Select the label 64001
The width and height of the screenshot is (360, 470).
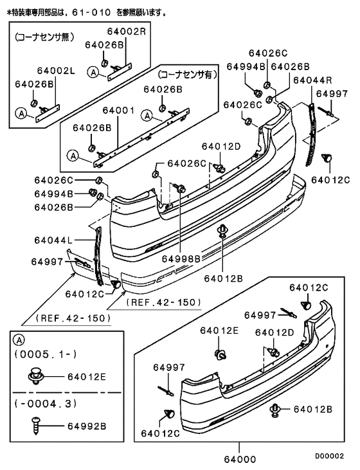pos(119,111)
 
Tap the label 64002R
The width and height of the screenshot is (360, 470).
pos(127,32)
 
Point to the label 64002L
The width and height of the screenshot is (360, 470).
pos(56,71)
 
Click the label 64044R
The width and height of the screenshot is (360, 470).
pos(312,80)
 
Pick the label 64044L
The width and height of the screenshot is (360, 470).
pos(53,240)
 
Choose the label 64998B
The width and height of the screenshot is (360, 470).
pos(181,258)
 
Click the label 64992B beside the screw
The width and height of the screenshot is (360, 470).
pos(87,426)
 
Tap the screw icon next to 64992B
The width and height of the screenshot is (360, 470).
pos(35,426)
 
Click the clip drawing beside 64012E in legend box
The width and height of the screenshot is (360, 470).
pos(36,376)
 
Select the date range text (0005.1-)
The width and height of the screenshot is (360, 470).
pos(46,354)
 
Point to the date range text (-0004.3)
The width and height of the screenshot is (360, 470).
pos(46,404)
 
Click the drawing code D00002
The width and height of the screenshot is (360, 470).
pos(329,456)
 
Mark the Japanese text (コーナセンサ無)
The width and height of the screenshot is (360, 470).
pos(44,37)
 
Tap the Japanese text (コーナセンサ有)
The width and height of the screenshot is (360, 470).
pos(187,75)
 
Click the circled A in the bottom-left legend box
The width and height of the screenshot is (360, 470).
pos(19,340)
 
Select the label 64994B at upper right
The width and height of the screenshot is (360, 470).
pos(246,66)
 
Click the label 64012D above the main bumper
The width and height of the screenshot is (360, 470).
pos(221,147)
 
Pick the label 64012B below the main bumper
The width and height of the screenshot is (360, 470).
pos(223,278)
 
